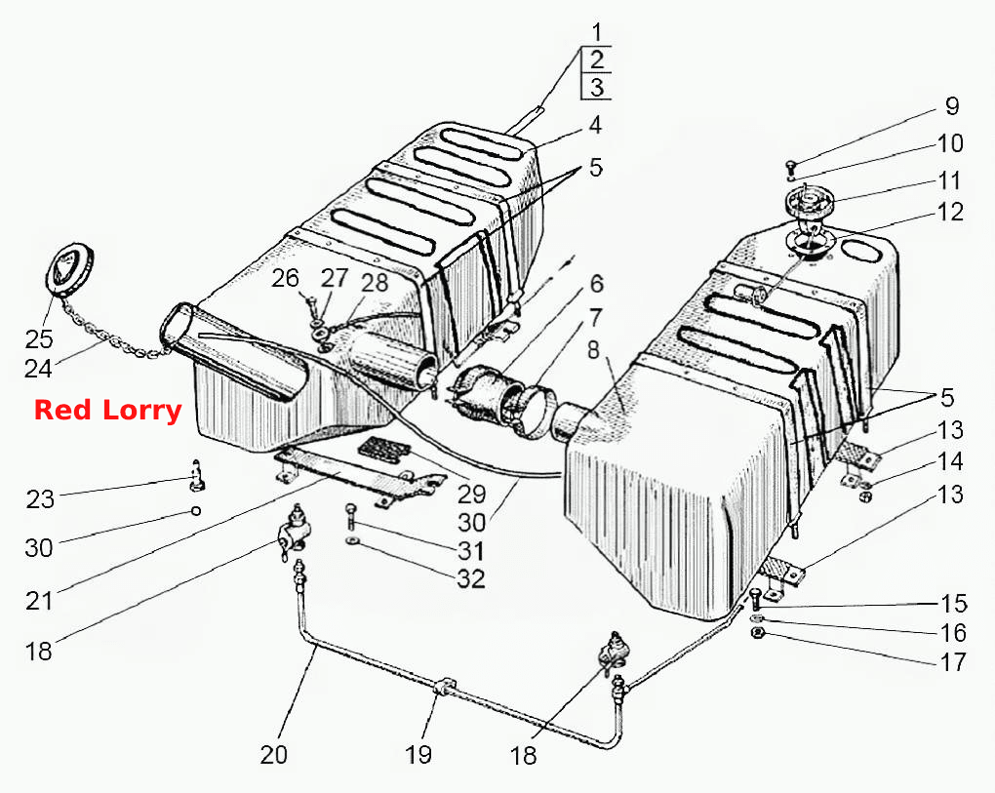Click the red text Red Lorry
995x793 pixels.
pos(108,411)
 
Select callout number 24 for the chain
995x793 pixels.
pos(37,368)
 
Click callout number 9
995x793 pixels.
pos(952,106)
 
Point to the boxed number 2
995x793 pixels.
pos(597,59)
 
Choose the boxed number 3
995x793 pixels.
pos(597,87)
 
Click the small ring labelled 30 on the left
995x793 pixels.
pos(196,511)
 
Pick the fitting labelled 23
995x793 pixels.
pos(197,476)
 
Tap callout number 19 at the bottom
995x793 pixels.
pos(418,754)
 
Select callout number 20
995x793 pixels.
pos(273,754)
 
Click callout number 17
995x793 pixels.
pos(952,661)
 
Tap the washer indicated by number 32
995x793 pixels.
pos(351,541)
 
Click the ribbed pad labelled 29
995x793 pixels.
pos(382,449)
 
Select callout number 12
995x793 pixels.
pos(950,212)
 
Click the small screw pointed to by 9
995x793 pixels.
pos(791,168)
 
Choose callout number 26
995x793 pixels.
pos(285,278)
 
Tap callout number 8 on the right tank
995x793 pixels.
pos(593,349)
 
